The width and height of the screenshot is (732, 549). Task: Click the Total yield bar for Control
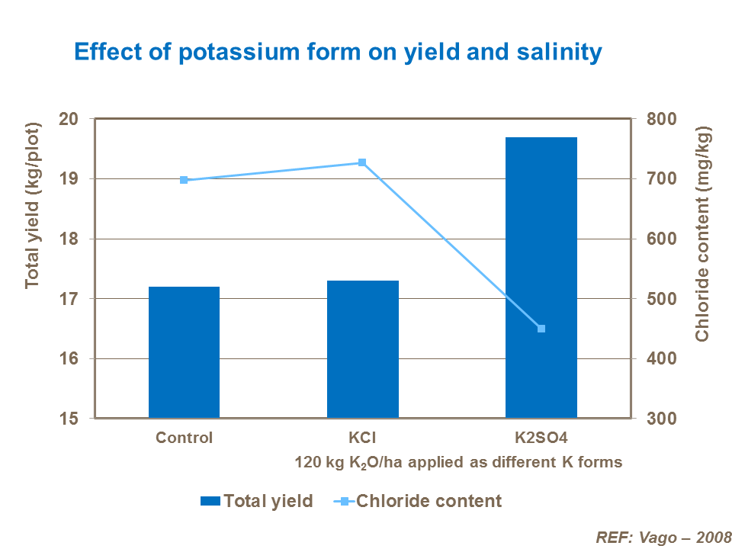point(184,352)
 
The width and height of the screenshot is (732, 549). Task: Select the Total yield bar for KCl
point(363,349)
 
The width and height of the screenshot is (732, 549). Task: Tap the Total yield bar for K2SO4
point(541,278)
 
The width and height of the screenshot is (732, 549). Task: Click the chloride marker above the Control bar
point(184,180)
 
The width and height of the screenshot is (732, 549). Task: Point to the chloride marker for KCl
point(362,162)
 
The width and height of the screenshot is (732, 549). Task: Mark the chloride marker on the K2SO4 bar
point(541,329)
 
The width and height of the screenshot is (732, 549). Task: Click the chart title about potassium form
point(338,52)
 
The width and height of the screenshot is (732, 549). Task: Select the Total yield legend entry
point(257,501)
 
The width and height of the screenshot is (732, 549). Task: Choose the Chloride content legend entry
point(419,501)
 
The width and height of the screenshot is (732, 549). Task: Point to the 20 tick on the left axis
point(69,119)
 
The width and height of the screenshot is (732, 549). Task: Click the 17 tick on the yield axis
point(69,299)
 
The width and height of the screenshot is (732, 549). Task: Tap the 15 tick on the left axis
point(69,419)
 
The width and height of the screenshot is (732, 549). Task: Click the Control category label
point(184,438)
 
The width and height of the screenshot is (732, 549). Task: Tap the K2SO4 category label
point(541,438)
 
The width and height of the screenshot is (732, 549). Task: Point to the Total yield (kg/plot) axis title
point(32,206)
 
